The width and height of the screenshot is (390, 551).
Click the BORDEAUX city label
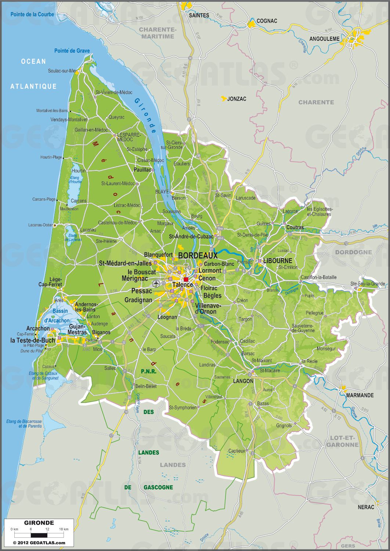coord(198,256)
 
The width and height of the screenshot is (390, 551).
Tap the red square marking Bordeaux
coord(186,280)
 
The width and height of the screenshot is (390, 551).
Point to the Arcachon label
coord(38,328)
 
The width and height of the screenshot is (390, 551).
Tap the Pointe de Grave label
coord(72,51)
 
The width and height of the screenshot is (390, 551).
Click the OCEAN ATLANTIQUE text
coord(33,74)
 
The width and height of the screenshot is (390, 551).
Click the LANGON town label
coord(243,381)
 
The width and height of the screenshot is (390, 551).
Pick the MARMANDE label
coord(360,395)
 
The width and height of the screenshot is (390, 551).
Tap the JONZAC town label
coord(236,99)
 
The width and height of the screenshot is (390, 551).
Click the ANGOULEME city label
coord(325,39)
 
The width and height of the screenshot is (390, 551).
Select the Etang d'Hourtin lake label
coord(75,179)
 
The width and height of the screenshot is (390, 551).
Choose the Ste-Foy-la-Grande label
coord(368,284)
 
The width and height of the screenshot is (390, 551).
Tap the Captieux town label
coord(236,451)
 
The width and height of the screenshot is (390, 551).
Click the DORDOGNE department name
coord(353,252)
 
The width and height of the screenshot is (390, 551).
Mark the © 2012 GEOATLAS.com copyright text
coord(39,543)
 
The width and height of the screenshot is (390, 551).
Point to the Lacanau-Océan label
coord(41,225)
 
